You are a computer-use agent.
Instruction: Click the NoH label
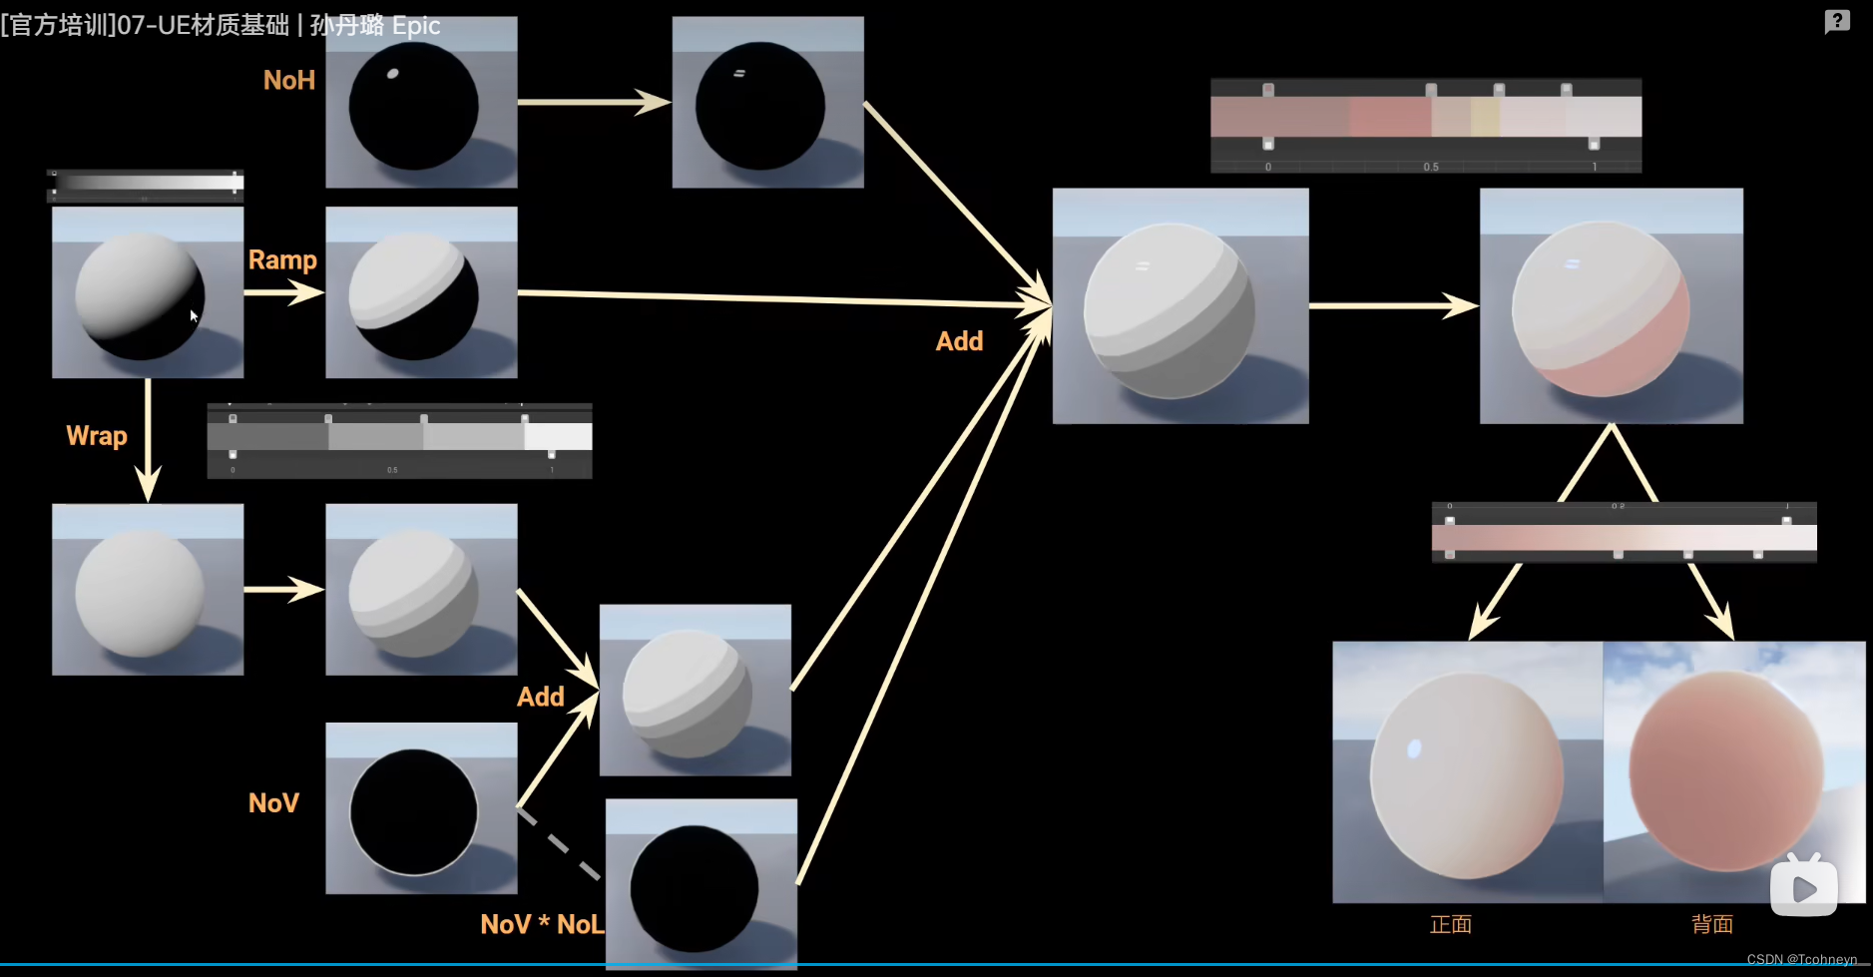(x=288, y=80)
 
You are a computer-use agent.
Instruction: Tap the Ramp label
(x=282, y=259)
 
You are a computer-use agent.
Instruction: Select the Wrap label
(x=97, y=436)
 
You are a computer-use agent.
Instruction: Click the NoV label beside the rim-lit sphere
(x=273, y=803)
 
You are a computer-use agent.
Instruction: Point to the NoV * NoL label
(x=542, y=924)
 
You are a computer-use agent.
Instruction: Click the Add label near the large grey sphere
(x=959, y=341)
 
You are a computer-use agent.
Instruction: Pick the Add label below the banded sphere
(x=540, y=697)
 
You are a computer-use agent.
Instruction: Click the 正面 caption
(x=1450, y=924)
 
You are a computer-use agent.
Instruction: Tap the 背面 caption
(x=1711, y=924)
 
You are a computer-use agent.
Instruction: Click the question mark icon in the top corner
(x=1837, y=21)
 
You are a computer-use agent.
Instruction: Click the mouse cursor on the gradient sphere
(x=194, y=315)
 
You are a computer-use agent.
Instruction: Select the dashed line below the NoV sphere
(x=559, y=843)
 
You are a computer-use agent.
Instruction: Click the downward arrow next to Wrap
(x=148, y=439)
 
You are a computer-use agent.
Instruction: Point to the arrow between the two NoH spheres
(x=594, y=102)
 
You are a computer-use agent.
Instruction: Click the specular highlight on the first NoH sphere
(x=392, y=73)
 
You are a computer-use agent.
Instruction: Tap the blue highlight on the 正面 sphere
(x=1414, y=748)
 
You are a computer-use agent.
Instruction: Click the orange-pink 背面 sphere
(x=1726, y=768)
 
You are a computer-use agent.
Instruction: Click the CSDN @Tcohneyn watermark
(x=1801, y=959)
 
